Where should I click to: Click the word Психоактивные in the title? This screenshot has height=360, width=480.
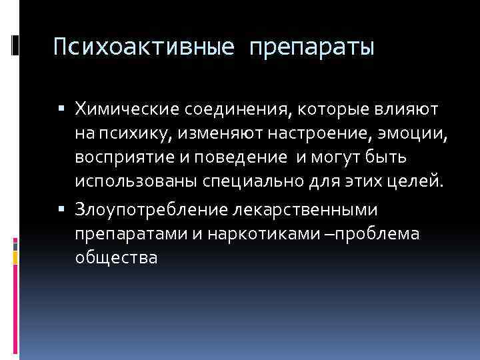[x=144, y=47]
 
